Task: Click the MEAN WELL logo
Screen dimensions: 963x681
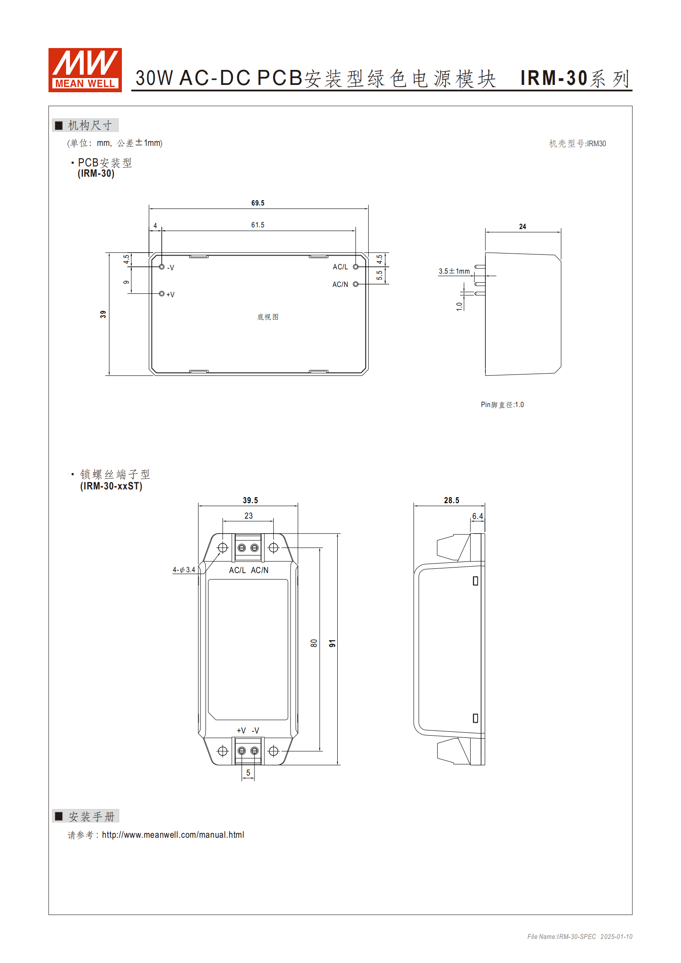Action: point(85,70)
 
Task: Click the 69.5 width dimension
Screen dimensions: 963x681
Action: point(257,203)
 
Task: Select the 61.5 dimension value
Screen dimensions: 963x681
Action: point(257,225)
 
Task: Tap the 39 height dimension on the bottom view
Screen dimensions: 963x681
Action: point(103,314)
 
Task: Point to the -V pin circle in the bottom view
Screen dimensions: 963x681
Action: point(162,267)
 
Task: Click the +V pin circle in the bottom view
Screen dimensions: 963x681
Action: point(162,294)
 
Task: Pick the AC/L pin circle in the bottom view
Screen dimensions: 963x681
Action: point(356,267)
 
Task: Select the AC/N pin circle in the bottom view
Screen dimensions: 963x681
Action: point(356,284)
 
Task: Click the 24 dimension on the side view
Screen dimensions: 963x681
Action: point(522,226)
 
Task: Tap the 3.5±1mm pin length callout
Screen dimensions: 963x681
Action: point(454,271)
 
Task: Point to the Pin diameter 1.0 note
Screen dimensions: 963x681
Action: point(502,405)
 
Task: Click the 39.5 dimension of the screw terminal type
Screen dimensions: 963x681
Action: point(250,500)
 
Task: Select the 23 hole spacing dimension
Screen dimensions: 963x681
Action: point(248,516)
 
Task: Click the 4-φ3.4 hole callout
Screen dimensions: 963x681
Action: point(184,570)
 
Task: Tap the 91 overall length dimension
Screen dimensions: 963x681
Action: point(332,643)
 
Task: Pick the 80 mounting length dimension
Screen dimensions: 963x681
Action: point(314,643)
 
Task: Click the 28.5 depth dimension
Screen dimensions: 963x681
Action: point(451,500)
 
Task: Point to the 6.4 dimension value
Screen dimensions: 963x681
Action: point(477,516)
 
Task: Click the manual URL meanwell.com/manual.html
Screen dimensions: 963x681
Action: point(173,835)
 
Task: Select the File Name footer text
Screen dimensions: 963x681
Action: point(579,936)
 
